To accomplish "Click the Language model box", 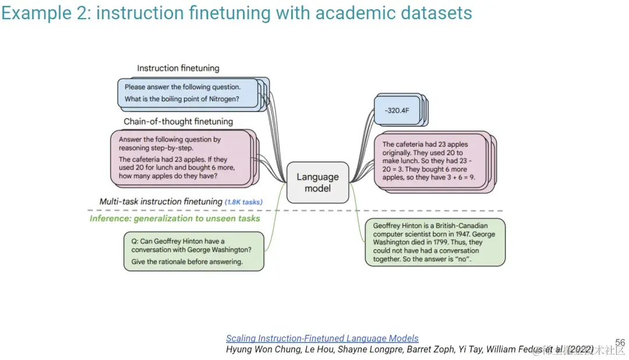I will pos(317,182).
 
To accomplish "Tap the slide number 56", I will pos(620,343).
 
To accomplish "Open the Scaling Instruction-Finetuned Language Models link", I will pos(322,338).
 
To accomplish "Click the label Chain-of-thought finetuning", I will pos(178,122).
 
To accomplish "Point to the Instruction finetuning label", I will pos(178,68).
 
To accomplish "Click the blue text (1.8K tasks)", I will pos(243,202).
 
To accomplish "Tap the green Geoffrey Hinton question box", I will pos(193,251).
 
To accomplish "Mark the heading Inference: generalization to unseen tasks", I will pos(175,218).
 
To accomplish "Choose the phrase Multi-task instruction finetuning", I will pos(161,202).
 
